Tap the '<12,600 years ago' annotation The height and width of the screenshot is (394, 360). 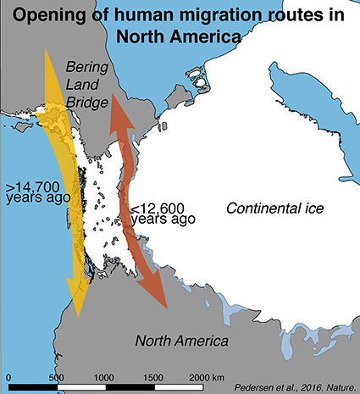click(162, 212)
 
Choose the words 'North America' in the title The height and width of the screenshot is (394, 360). click(180, 36)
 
